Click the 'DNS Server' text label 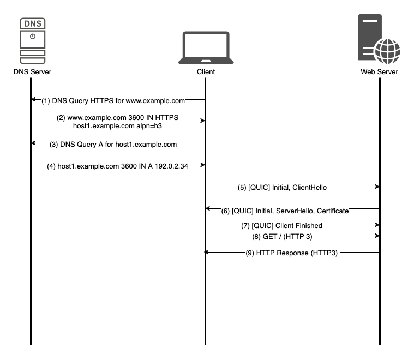point(32,72)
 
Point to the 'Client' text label point(206,72)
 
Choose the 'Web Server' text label point(379,72)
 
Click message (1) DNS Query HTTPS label point(113,100)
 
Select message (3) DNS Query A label point(113,144)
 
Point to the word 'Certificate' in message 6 point(329,210)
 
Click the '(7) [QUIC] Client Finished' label point(287,225)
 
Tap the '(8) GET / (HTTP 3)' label point(287,236)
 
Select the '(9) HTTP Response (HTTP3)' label point(292,253)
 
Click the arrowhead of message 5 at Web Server point(376,187)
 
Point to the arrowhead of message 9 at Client point(208,253)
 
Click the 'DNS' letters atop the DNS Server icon point(31,24)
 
